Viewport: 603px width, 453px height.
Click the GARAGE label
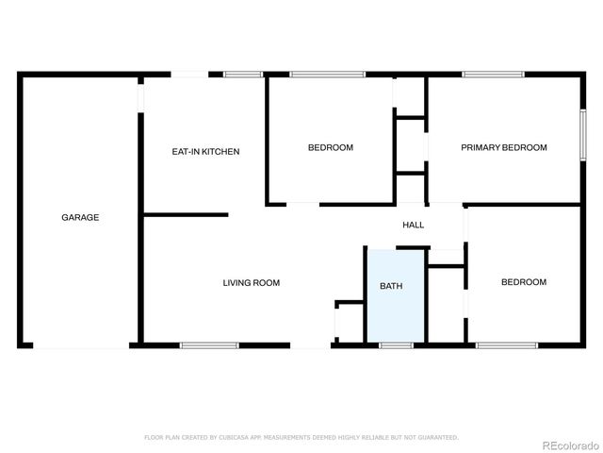point(80,217)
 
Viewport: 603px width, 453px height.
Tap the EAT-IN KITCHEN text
point(205,151)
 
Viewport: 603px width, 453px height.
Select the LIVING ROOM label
point(251,282)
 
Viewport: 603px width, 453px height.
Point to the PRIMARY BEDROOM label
point(503,147)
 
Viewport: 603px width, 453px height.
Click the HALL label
point(413,225)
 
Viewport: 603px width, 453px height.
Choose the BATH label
point(391,286)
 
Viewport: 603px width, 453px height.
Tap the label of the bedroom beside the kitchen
point(331,147)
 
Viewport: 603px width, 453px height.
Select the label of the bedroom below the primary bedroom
point(523,282)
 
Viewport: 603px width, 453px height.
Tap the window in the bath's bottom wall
point(396,346)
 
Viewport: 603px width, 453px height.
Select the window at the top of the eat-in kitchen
point(243,74)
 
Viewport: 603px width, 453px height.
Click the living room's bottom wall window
point(209,346)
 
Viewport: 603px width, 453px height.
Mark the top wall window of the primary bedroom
point(493,74)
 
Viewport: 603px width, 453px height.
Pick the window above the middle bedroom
point(326,74)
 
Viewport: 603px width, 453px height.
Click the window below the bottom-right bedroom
point(506,346)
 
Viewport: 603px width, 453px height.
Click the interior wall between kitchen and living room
point(186,215)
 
